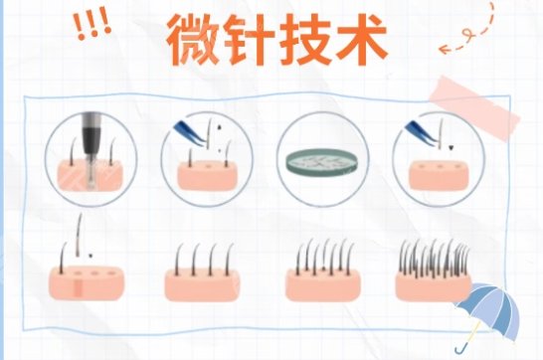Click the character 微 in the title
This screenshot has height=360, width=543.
(x=194, y=40)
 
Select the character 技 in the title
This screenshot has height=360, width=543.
(x=304, y=40)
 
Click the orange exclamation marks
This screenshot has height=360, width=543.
(x=92, y=26)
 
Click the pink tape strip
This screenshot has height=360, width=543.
(x=475, y=107)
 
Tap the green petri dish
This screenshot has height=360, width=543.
(x=323, y=161)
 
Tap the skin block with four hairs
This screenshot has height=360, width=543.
(x=202, y=284)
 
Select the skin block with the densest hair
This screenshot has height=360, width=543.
(x=433, y=285)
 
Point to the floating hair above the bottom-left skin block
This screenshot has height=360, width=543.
(x=80, y=235)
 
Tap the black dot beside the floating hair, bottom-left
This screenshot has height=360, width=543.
(x=90, y=256)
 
